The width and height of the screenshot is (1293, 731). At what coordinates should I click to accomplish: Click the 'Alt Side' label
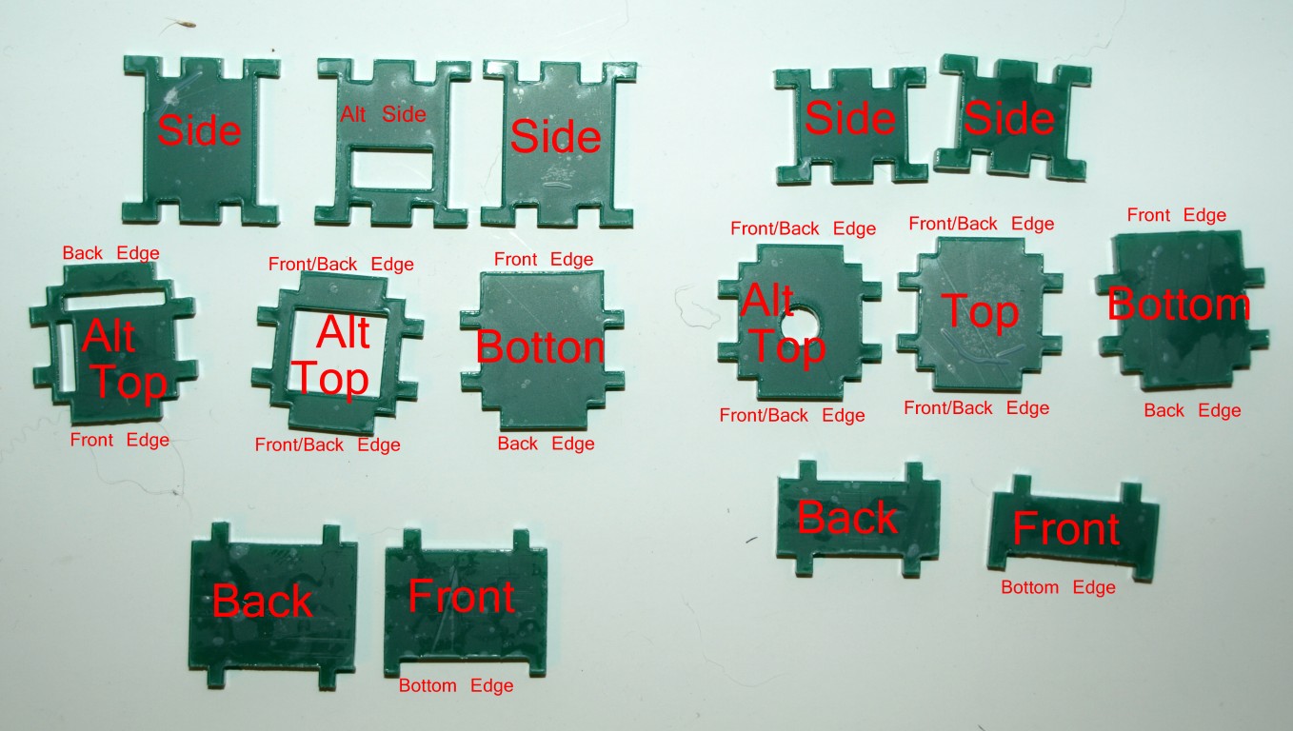(384, 114)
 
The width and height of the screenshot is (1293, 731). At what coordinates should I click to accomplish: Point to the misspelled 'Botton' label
(540, 348)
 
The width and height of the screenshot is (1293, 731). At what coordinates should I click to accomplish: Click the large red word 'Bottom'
(1179, 306)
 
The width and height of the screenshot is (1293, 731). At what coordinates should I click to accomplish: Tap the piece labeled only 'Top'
(980, 314)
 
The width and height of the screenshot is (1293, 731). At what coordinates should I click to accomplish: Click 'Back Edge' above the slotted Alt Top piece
(110, 253)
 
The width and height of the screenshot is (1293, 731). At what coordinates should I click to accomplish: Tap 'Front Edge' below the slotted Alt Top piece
(120, 440)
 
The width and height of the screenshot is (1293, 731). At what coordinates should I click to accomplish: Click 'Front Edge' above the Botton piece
(543, 259)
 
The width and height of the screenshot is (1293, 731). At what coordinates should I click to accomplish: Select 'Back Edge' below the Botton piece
(545, 444)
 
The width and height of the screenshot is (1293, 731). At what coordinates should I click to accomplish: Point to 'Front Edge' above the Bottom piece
(1176, 215)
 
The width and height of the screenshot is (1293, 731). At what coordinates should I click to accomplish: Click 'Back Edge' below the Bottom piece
(1192, 410)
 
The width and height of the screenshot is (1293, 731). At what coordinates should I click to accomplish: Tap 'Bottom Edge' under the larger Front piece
(456, 685)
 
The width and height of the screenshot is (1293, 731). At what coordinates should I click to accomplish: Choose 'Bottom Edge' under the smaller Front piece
(1058, 587)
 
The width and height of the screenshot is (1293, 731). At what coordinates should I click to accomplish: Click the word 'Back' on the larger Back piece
(262, 602)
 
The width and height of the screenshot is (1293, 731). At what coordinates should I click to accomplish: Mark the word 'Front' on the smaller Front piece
(1065, 528)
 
